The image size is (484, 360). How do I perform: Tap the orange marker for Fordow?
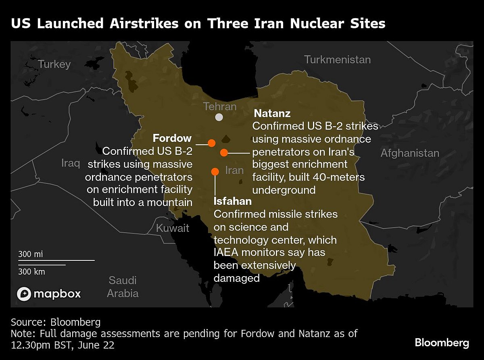coord(211,143)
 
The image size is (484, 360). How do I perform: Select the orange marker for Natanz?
coord(224,152)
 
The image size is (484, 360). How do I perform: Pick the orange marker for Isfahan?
coord(215,172)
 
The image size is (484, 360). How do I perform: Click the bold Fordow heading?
coord(172,138)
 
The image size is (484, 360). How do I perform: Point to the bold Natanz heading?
coord(272,114)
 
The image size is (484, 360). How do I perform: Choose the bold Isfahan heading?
coord(233,201)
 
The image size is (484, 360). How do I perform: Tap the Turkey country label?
coord(54,64)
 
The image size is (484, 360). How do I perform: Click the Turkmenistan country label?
coord(337,60)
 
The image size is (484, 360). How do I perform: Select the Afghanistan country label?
coord(410,153)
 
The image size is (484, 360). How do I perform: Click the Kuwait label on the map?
coord(173,228)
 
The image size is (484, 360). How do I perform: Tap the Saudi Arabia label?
coord(122,287)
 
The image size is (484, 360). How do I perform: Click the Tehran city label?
coord(220,106)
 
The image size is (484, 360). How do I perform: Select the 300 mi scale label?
coord(30,254)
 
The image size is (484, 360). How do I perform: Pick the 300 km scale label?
coord(31,271)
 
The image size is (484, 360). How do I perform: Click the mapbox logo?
coord(49,294)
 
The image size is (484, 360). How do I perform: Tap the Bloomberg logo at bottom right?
coord(442,343)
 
